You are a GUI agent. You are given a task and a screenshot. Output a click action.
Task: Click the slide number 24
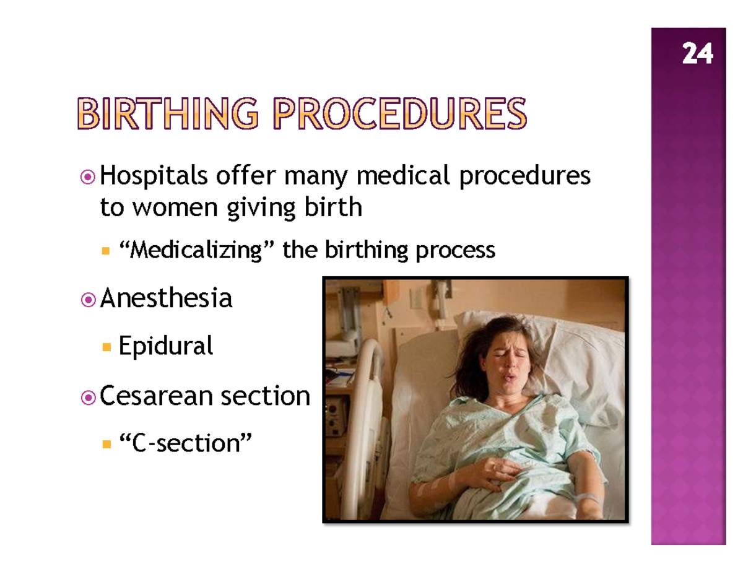[697, 55]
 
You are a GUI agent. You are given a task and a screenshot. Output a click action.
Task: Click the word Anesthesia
[166, 298]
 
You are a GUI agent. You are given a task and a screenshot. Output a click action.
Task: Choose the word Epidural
[165, 346]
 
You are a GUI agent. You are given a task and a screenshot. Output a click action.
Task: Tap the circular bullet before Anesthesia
[89, 300]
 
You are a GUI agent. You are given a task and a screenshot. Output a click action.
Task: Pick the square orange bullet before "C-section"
[106, 444]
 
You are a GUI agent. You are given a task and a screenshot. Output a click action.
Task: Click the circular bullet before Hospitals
[89, 179]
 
